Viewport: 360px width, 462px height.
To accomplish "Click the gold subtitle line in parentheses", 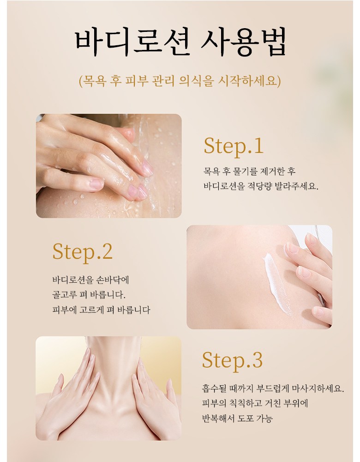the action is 180,81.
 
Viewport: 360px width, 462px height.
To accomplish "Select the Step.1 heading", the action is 234,146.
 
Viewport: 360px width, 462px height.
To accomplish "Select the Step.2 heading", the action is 83,252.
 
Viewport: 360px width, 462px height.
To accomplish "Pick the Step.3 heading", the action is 232,360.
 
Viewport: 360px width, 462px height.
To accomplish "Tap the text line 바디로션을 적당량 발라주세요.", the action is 261,186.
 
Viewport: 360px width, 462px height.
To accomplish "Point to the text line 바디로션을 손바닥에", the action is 90,280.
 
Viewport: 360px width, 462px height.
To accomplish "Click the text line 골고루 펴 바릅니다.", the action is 89,295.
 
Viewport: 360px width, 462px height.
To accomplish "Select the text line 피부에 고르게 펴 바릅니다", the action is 101,310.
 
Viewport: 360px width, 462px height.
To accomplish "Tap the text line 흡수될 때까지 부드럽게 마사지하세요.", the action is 273,389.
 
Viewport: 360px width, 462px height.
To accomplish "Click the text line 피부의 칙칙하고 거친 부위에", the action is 255,403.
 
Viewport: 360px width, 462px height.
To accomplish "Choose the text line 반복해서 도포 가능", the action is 237,418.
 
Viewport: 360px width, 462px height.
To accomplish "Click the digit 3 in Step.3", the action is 257,360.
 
